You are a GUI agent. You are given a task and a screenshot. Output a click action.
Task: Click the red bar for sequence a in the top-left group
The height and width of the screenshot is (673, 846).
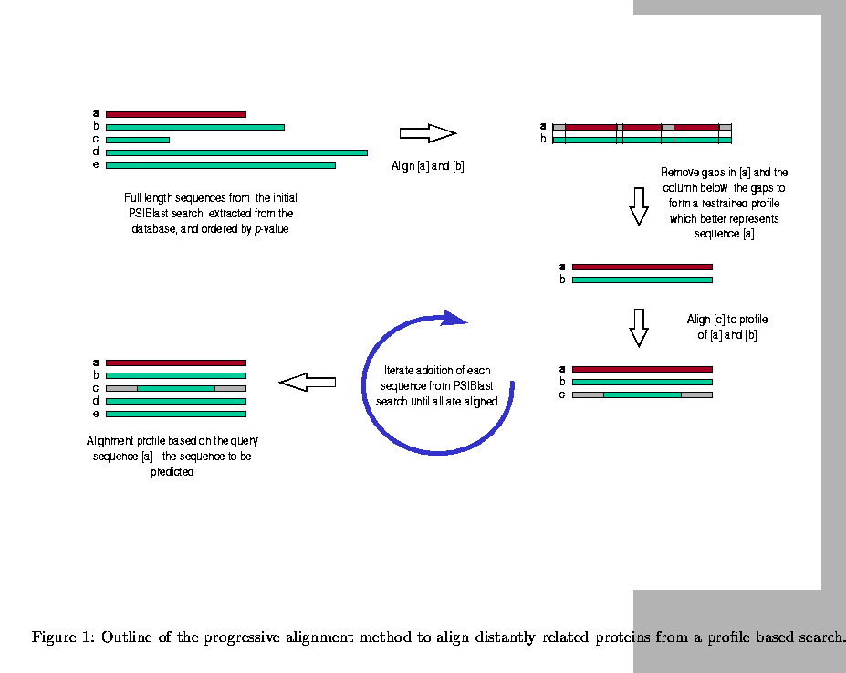point(176,114)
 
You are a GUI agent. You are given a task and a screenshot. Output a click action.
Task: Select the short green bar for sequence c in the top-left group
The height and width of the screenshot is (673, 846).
point(138,140)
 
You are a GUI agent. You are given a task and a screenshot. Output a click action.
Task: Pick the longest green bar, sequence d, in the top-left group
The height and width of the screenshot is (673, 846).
point(236,152)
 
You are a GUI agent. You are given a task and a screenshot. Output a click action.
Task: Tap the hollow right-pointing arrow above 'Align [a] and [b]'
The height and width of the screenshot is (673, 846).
point(427,133)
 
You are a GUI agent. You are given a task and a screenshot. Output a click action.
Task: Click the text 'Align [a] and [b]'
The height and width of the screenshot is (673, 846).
point(428,166)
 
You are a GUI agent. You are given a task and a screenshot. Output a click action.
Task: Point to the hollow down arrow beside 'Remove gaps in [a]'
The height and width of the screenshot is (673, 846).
point(639,206)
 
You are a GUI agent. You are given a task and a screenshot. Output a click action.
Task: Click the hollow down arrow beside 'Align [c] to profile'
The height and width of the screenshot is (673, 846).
point(639,327)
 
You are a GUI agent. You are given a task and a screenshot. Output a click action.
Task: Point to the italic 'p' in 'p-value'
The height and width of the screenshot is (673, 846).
point(257,229)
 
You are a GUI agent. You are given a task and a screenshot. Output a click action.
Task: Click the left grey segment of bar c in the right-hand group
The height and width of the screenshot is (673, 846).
point(588,394)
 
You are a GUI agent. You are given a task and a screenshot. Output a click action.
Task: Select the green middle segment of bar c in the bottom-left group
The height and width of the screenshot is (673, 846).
point(176,388)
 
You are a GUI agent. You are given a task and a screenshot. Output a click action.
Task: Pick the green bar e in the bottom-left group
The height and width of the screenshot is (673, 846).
point(176,414)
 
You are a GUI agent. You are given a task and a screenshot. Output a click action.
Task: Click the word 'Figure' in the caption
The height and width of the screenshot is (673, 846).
point(57,636)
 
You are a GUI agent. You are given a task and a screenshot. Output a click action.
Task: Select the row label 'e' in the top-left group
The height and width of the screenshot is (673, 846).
point(96,165)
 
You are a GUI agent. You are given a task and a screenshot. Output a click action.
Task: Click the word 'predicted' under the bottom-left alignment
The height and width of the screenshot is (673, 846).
point(172,472)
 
